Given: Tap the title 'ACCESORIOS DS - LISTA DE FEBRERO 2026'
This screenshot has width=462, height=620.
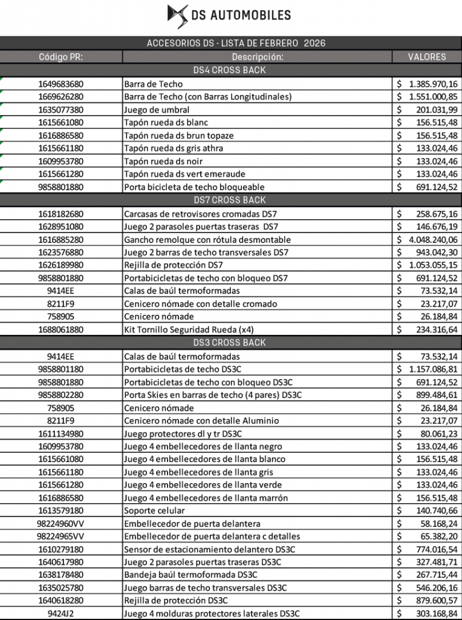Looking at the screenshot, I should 236,43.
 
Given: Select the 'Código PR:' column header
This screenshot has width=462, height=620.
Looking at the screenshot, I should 61,57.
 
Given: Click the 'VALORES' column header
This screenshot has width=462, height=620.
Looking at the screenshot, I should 427,57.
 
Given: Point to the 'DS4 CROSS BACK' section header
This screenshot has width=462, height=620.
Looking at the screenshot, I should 230,70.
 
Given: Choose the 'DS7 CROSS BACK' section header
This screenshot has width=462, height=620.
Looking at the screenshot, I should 230,200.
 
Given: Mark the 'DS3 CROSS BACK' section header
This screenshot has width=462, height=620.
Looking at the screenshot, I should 230,343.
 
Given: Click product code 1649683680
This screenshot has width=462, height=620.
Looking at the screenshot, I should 61,84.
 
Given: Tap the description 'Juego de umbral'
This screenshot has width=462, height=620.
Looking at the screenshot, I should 157,110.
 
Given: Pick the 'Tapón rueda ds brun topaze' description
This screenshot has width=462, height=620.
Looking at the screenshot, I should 178,136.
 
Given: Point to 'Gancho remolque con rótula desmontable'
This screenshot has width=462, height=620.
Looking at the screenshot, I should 207,240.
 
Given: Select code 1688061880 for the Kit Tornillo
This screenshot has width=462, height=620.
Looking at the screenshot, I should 61,330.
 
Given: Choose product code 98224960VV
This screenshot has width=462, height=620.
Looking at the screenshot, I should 61,524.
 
